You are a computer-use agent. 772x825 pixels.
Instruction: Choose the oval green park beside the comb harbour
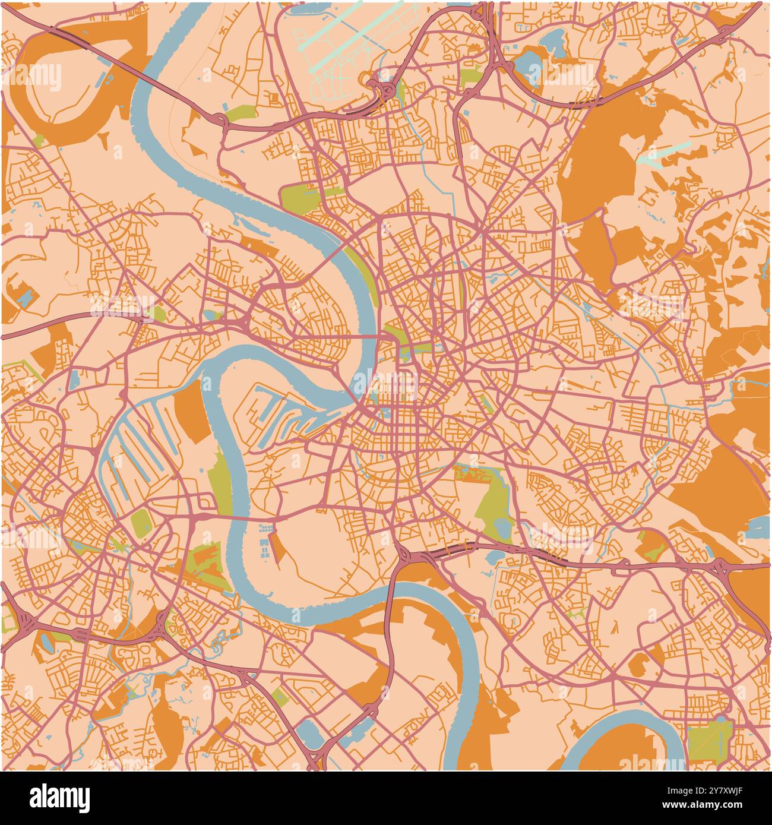(x=141, y=522)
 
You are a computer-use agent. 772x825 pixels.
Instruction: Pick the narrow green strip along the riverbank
(x=219, y=481)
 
